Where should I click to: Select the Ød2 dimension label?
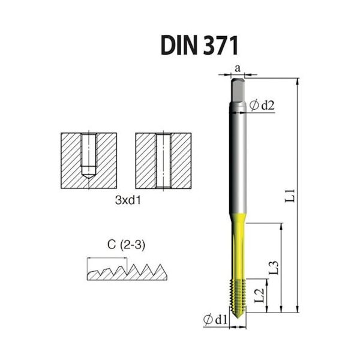tap(262, 106)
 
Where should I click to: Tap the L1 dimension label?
tap(290, 195)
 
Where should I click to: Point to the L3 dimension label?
tap(273, 267)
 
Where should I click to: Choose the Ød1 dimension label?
tap(217, 320)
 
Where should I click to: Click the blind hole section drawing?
tap(89, 158)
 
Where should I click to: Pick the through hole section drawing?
tap(163, 158)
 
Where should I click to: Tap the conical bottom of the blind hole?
tap(89, 175)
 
